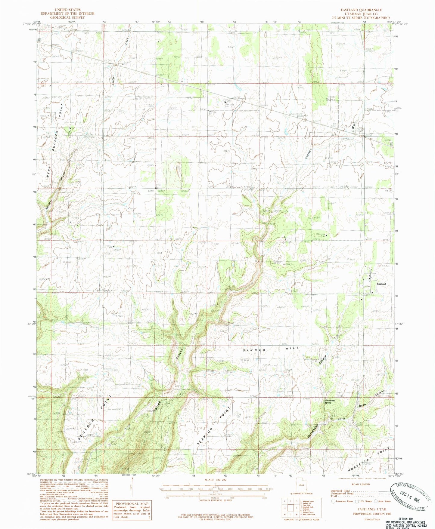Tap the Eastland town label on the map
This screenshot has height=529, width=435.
[381, 284]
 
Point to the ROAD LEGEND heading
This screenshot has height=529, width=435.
[360, 484]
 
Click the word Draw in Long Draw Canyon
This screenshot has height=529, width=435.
[363, 406]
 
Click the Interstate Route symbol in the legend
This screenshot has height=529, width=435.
[333, 501]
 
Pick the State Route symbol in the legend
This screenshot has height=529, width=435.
[376, 501]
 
